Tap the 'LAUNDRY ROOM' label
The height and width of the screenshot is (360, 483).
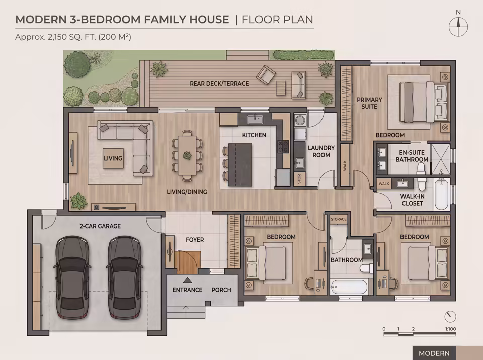[x=321, y=151]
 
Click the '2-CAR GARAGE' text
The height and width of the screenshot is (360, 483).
[x=100, y=226]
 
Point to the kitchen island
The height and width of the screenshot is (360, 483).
[x=239, y=164]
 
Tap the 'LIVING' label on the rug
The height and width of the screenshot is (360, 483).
[x=113, y=158]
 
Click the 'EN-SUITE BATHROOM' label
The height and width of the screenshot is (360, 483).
[x=412, y=156]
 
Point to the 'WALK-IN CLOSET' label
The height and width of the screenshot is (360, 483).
[x=412, y=200]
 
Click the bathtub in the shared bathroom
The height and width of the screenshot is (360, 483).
[x=350, y=287]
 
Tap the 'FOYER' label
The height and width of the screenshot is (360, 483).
[x=195, y=240]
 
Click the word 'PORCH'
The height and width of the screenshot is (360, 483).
[x=221, y=290]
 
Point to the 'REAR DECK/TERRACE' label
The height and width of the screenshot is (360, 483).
[x=219, y=83]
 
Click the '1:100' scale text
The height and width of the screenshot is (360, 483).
[x=451, y=329]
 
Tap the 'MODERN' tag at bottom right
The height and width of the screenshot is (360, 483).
[x=434, y=353]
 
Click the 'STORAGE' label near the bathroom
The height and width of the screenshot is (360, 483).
[x=339, y=219]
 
